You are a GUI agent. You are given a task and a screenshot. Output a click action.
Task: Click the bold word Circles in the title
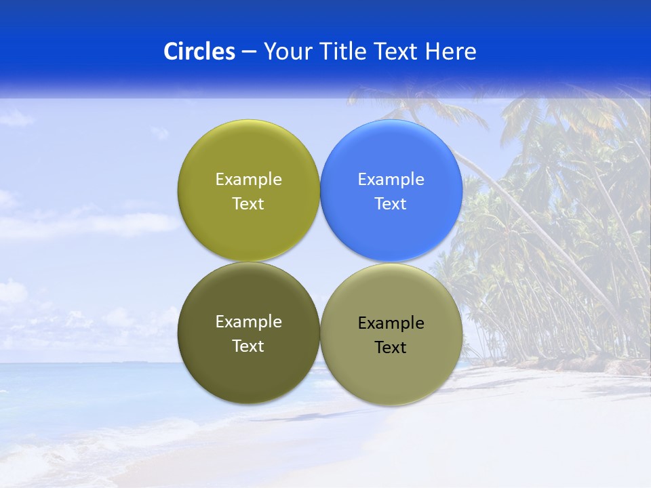coord(199,52)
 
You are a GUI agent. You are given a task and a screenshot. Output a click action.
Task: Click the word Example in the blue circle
coord(391,180)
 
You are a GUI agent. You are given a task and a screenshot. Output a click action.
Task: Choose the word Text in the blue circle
coord(391,204)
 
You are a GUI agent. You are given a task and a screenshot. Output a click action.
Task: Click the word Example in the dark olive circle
coord(248,322)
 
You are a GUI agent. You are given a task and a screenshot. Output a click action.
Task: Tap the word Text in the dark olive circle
coord(248,346)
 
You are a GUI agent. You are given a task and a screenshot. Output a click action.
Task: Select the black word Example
coord(391,323)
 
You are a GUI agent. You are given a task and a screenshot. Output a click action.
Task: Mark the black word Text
coord(391,348)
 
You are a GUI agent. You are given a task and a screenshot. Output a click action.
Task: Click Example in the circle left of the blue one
coord(248,180)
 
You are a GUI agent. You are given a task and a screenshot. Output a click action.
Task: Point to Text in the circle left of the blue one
coord(248,204)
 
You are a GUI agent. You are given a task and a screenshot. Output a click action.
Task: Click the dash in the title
coord(249,52)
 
